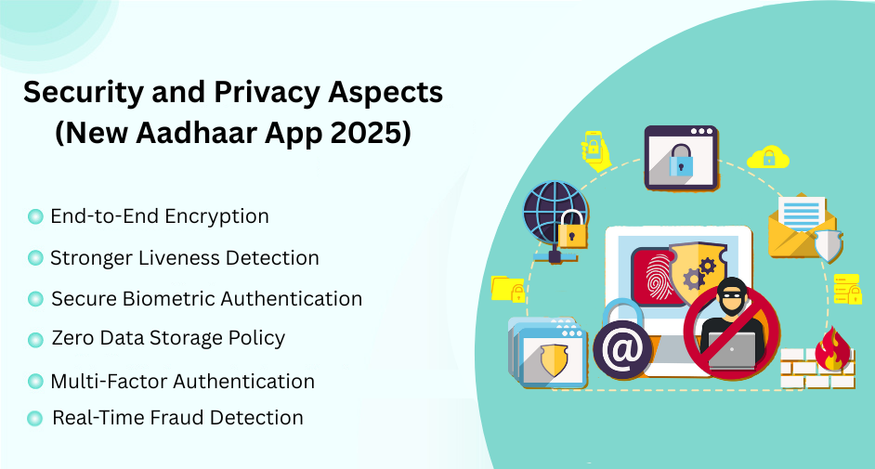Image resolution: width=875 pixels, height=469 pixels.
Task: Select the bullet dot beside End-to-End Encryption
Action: (35, 216)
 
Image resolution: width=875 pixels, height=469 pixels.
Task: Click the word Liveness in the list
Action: (176, 257)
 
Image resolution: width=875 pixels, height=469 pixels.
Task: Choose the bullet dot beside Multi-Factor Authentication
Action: (35, 382)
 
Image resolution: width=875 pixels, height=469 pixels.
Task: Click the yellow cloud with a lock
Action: (767, 156)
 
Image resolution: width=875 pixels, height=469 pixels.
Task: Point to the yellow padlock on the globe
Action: (572, 230)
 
